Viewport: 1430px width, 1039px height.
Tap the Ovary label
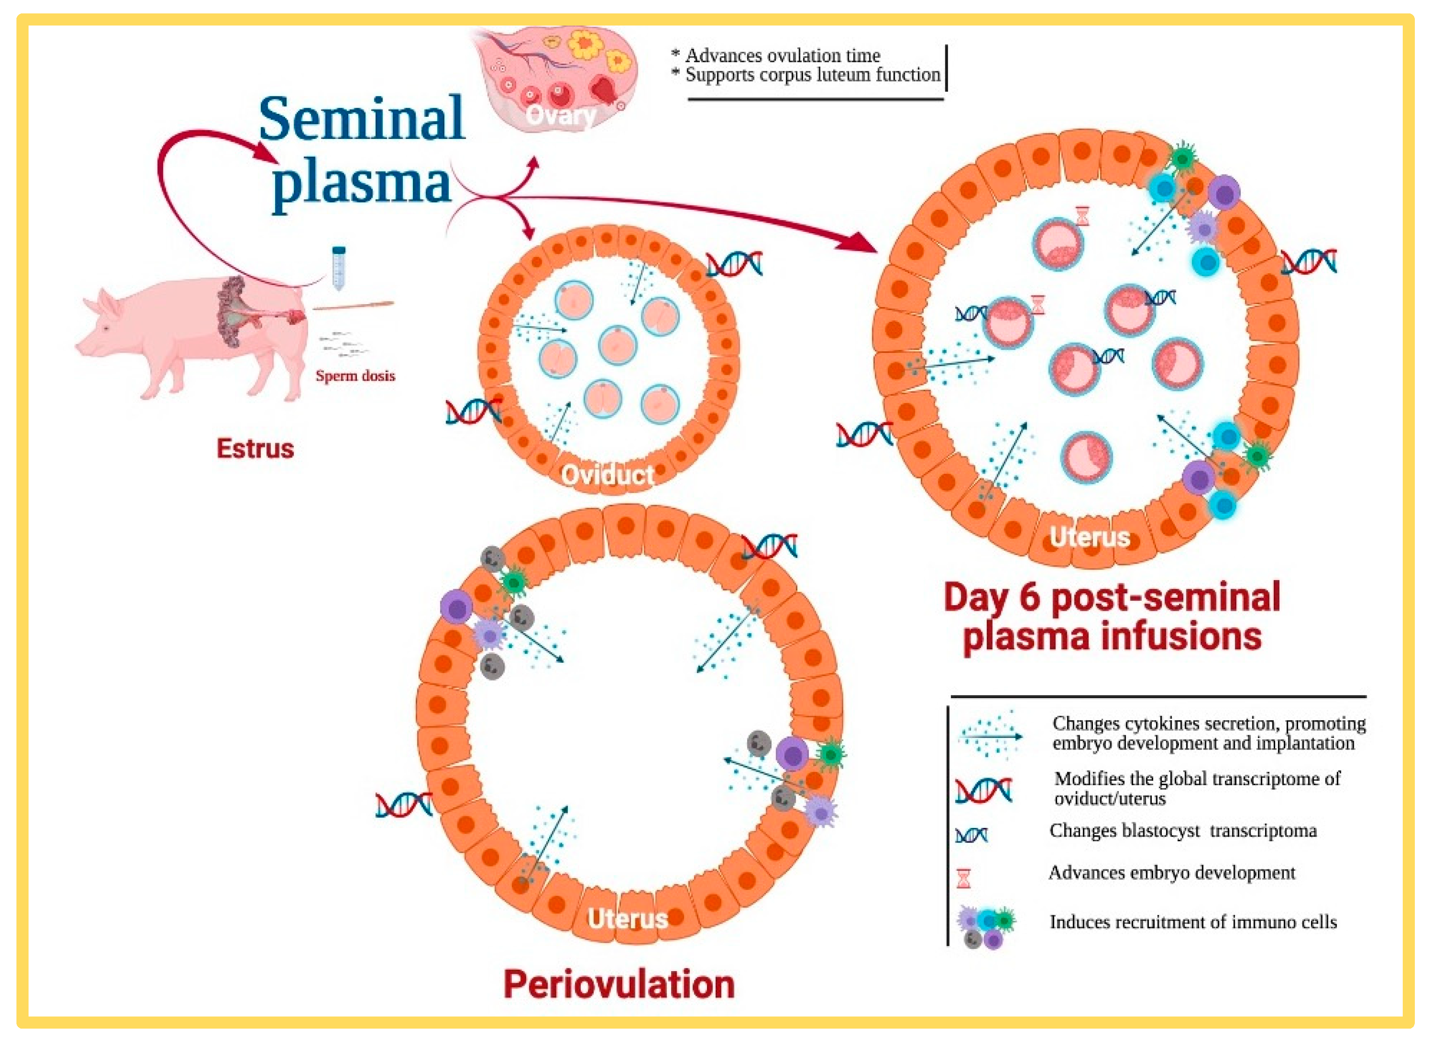click(560, 115)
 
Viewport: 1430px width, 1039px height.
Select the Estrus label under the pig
click(255, 448)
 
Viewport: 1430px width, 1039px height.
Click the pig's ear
click(109, 301)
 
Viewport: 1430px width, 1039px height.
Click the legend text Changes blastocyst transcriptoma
click(1183, 831)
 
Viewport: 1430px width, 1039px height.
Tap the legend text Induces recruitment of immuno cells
click(1193, 922)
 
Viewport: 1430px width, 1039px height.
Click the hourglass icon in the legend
click(964, 878)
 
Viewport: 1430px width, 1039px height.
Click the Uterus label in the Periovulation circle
click(627, 919)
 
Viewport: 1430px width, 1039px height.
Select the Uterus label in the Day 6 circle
click(1089, 536)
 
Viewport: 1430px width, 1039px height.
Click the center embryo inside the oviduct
click(617, 346)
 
